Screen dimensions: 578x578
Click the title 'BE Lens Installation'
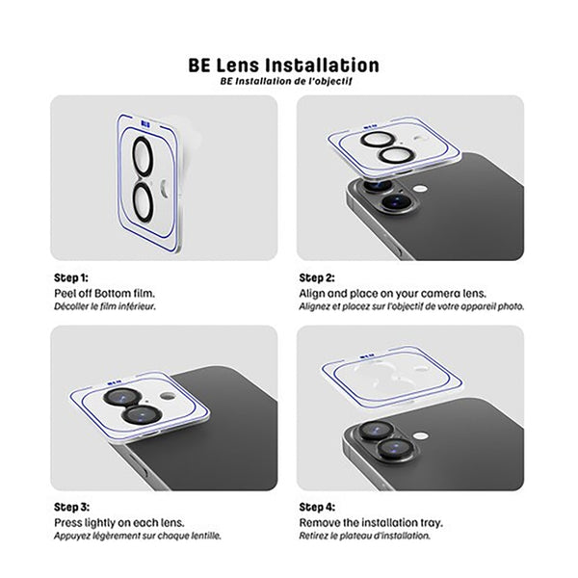[x=284, y=66]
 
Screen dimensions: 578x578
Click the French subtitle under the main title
[x=284, y=82]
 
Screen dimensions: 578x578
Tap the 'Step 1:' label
[x=70, y=277]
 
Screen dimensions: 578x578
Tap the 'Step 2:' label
[x=317, y=277]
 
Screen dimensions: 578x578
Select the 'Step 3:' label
[x=70, y=507]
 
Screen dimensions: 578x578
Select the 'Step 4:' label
[x=317, y=507]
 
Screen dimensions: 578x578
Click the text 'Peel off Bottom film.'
[x=104, y=292]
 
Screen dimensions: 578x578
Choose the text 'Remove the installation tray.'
[x=371, y=521]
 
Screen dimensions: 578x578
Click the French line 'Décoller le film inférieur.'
[x=105, y=305]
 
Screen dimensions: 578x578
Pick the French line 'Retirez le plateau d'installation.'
[x=364, y=535]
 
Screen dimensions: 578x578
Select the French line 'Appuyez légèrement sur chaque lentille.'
[x=138, y=535]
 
